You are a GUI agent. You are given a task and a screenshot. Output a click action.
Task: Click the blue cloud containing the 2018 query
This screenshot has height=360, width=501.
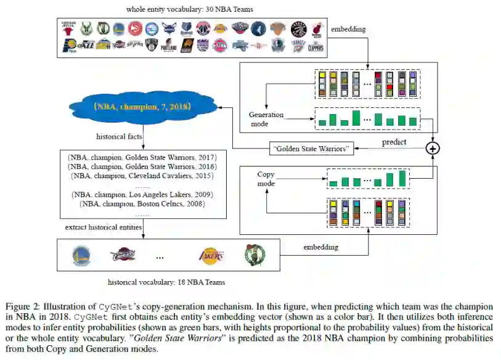(x=143, y=106)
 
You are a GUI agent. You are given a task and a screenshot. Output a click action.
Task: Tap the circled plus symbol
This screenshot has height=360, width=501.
(x=434, y=148)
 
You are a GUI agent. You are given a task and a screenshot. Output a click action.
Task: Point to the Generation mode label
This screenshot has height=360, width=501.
(x=266, y=118)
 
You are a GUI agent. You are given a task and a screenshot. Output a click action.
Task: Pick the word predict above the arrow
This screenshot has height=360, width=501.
(x=394, y=141)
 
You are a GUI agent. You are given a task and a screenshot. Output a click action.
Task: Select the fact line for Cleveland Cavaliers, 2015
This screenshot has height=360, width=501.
(x=142, y=176)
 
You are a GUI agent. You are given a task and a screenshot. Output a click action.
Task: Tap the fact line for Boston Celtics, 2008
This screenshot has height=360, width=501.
(x=142, y=203)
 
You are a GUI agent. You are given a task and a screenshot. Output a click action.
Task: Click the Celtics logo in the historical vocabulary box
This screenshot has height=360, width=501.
(x=254, y=255)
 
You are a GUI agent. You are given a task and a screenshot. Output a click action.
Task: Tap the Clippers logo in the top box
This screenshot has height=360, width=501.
(x=316, y=46)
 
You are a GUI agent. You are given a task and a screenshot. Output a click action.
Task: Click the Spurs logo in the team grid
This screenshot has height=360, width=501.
(x=135, y=46)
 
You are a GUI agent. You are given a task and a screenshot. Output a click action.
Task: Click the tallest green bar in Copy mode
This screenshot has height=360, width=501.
(x=402, y=178)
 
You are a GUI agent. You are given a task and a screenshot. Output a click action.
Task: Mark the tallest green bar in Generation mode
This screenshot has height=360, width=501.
(x=356, y=118)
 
